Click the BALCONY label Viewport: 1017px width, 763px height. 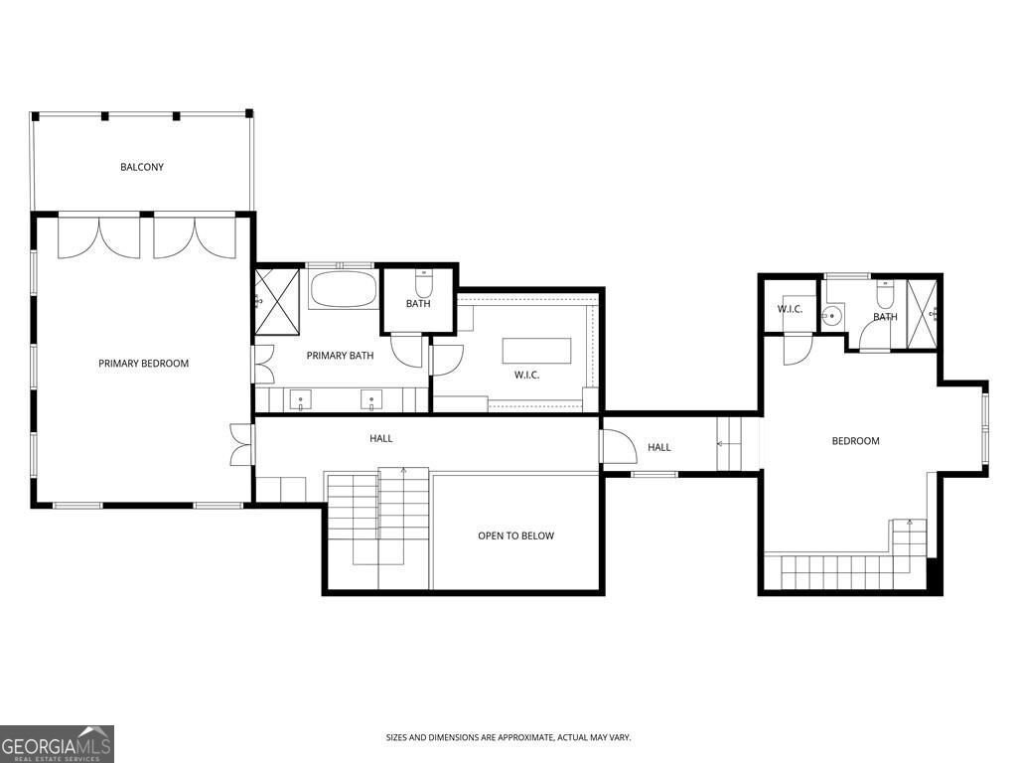142,167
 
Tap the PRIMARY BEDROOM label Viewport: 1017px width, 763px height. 143,364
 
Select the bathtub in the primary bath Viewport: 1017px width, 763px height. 343,289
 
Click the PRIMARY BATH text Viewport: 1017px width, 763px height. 340,356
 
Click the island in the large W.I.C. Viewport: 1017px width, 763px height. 536,351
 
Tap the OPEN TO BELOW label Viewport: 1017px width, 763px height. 515,535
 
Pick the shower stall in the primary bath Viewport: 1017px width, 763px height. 277,301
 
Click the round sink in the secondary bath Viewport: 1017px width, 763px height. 831,317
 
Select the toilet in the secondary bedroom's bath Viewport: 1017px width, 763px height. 885,295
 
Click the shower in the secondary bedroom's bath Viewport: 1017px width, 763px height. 923,315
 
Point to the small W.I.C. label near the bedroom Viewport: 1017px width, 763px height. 790,309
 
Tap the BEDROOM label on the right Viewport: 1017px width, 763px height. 855,441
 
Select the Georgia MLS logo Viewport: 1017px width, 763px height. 57,744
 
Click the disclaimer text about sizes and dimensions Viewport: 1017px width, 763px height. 508,738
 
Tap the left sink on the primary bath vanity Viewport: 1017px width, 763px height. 300,399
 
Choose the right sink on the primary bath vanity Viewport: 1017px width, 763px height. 371,399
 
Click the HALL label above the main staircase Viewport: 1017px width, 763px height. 380,438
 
